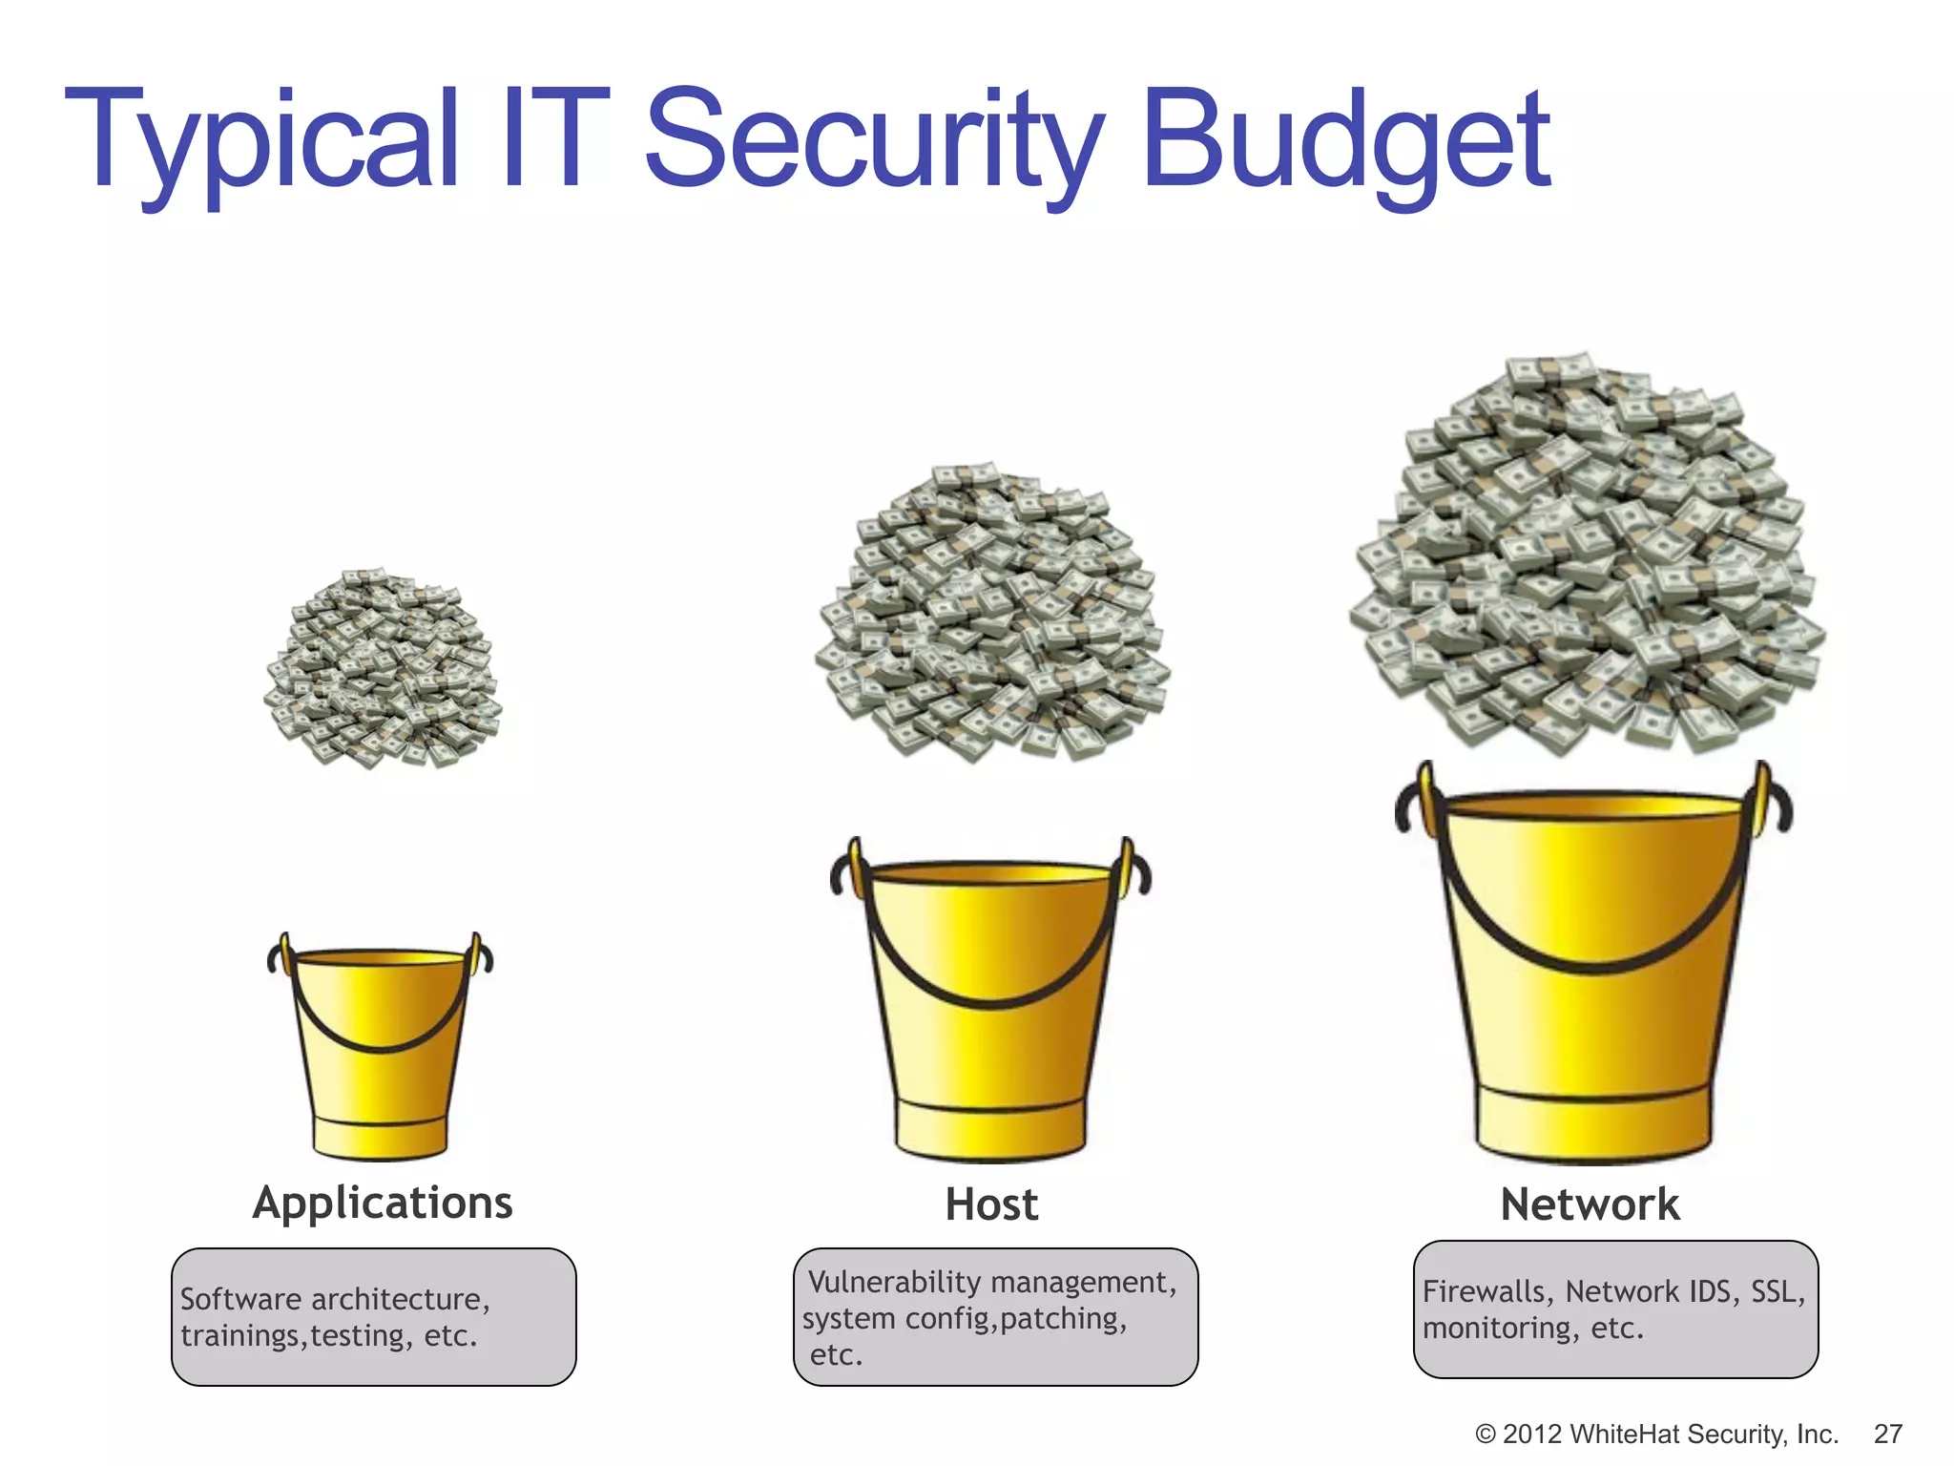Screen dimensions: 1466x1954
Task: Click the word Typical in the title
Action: [262, 143]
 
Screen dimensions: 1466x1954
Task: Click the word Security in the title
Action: [873, 143]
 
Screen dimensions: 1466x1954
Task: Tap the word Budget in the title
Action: [1345, 143]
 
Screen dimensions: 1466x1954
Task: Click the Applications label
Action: [383, 1203]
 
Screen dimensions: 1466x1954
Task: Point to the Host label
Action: [991, 1204]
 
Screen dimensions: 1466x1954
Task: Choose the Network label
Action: [1590, 1204]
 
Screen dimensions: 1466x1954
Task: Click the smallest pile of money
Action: [383, 668]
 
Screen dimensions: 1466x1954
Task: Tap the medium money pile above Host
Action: [992, 616]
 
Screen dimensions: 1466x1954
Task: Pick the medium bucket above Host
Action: [990, 1012]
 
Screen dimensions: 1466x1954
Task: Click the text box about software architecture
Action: [373, 1317]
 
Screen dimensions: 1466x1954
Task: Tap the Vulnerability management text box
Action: [995, 1317]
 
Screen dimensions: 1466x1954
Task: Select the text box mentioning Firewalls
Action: [1615, 1309]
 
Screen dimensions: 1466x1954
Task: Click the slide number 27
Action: [1887, 1435]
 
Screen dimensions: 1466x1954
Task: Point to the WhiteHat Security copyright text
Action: [1655, 1435]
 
